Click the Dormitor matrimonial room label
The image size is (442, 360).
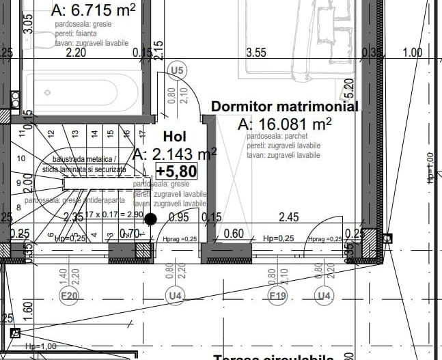point(284,107)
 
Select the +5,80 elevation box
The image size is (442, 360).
point(176,170)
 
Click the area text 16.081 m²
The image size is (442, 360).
point(285,124)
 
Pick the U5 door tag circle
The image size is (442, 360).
point(178,70)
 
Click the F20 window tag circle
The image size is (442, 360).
point(70,296)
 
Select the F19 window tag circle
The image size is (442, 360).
point(277,296)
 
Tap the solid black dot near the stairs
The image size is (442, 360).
point(151,219)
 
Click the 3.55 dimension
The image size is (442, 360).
point(256,52)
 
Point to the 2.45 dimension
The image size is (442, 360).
point(289,217)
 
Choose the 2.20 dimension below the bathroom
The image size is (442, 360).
point(75,52)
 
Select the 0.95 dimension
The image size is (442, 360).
point(178,217)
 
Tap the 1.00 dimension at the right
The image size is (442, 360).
point(413,52)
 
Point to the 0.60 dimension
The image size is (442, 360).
point(234,234)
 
